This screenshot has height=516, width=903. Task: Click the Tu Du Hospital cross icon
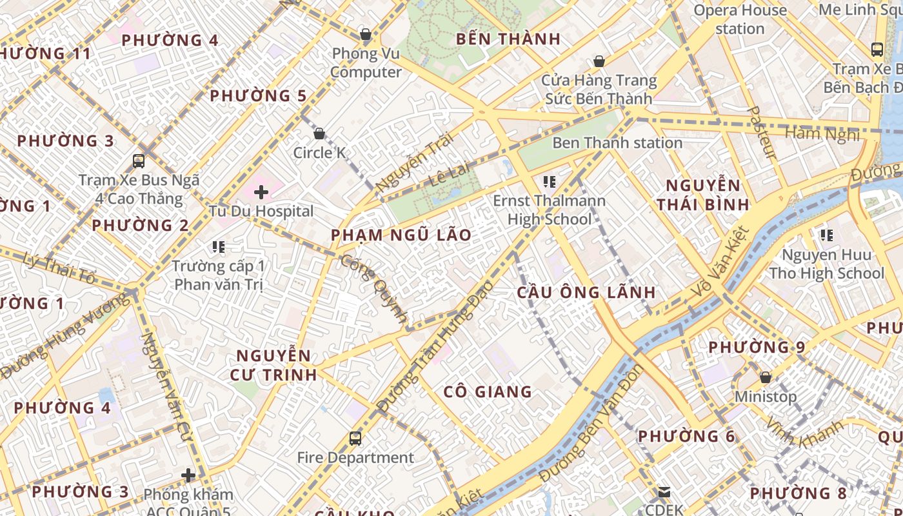click(x=261, y=192)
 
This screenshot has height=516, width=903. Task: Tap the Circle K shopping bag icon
click(x=319, y=134)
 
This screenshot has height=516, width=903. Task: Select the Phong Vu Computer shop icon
click(x=366, y=34)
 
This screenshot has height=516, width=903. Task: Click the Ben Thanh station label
click(x=617, y=143)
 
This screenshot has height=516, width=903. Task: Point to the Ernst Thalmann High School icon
click(x=550, y=182)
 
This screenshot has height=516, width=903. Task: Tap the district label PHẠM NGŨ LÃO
click(x=401, y=235)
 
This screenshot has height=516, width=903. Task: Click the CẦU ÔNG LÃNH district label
click(x=586, y=292)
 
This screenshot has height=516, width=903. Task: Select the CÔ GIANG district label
click(x=488, y=392)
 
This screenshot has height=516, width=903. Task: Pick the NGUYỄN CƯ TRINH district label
click(x=274, y=365)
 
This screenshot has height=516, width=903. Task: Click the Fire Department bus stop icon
click(x=355, y=439)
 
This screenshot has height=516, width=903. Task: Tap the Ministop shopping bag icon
click(x=766, y=377)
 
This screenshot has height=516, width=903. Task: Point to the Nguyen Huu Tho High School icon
click(x=826, y=235)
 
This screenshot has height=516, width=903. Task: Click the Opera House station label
click(x=740, y=19)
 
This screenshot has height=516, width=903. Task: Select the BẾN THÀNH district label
click(x=508, y=39)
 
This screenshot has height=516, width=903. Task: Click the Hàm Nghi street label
click(x=822, y=134)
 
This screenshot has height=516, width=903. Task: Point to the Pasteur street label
click(x=762, y=132)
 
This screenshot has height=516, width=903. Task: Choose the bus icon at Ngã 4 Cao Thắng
click(x=139, y=161)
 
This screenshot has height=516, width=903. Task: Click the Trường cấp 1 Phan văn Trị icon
click(x=219, y=246)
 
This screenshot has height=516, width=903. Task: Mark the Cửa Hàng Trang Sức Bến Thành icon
click(x=599, y=62)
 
